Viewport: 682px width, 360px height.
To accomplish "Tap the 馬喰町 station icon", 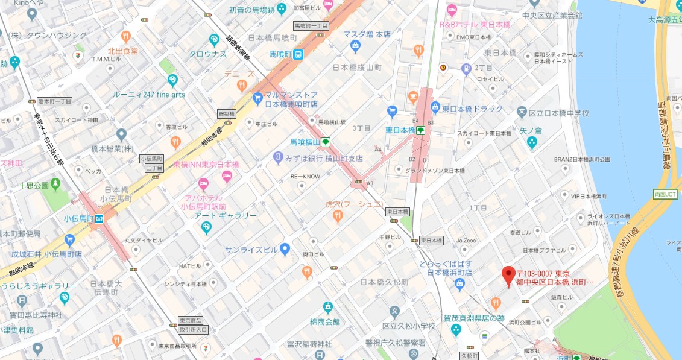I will coord(298,54).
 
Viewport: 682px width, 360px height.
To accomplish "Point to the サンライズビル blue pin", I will coord(285,248).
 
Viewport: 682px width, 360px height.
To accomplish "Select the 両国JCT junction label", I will coord(665,194).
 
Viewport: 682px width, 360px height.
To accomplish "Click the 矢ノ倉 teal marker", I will coord(531,142).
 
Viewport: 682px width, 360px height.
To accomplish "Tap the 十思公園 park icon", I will coord(55,183).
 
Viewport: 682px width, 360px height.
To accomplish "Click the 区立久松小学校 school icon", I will coord(394,312).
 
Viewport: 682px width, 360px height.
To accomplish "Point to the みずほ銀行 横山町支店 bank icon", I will coord(278,158).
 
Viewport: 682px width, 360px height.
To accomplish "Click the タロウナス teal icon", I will coord(214,41).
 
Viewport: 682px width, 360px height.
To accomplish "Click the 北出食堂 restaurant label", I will coord(123,51).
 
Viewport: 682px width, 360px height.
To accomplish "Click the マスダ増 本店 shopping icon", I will coord(355,46).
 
